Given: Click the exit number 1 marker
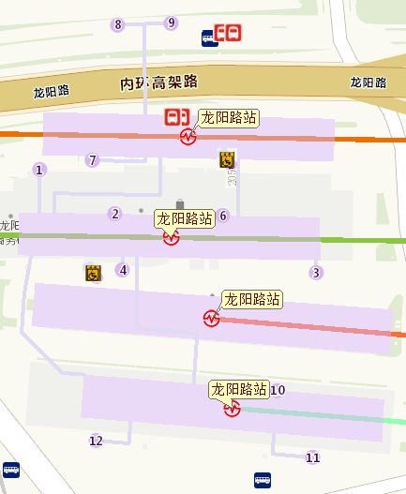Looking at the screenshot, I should [x=39, y=170].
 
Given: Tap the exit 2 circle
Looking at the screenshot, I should [x=115, y=214].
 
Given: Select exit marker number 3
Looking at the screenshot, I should [x=316, y=273].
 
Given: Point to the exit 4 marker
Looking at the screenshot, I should [x=122, y=271].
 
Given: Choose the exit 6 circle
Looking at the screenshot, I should [x=222, y=217].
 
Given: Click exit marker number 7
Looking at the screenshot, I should [x=92, y=160].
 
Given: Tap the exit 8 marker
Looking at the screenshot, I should [x=117, y=24].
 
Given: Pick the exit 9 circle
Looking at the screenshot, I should [x=171, y=22].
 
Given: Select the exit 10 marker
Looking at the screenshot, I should [x=278, y=390].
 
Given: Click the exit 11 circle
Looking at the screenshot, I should [x=313, y=457].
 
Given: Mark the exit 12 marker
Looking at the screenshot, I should [x=96, y=441].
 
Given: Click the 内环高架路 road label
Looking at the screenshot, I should [x=159, y=83].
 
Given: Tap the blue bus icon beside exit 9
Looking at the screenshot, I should [x=210, y=37].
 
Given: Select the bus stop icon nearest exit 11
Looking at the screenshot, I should [x=263, y=481].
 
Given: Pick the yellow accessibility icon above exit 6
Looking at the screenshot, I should [x=227, y=159].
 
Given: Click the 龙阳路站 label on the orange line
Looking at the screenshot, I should [x=229, y=118].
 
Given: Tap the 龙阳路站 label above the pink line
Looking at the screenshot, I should [x=252, y=299].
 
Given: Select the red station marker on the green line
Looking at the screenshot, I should [x=171, y=238].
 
